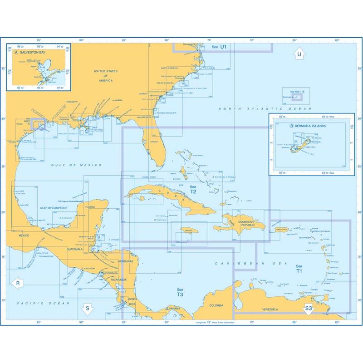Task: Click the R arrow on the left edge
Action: (x=17, y=283)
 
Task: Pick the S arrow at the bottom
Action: (x=87, y=309)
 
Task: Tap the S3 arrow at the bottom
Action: (x=308, y=309)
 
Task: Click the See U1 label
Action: (x=218, y=47)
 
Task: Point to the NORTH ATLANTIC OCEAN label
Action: (x=265, y=109)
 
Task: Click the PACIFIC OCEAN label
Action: (x=33, y=303)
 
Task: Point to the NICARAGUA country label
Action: (x=118, y=280)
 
